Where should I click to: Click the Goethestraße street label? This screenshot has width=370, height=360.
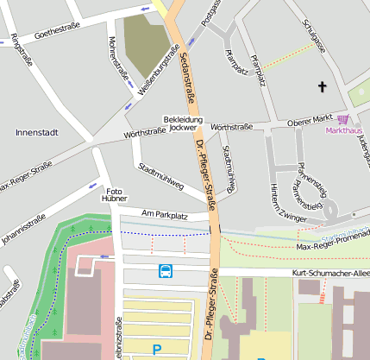point(57,34)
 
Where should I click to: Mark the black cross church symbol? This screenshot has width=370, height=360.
point(323,86)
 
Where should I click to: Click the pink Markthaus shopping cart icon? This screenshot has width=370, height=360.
point(343,119)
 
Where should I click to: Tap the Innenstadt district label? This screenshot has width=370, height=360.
point(37,132)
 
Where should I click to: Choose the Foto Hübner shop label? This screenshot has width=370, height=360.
point(115,194)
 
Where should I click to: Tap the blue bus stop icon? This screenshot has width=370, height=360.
point(165,271)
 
